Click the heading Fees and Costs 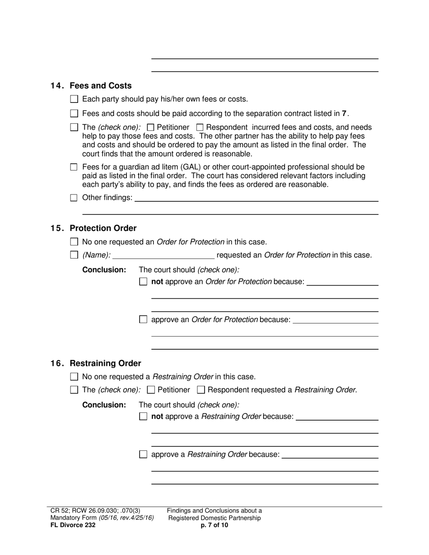[x=101, y=86]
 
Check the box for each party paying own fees [x=75, y=99]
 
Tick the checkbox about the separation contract [x=75, y=114]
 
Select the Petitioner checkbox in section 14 [x=151, y=127]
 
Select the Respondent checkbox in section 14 [x=200, y=127]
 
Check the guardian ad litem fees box [x=75, y=167]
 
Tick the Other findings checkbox [x=75, y=198]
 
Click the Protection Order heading [x=103, y=228]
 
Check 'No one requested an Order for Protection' [x=75, y=242]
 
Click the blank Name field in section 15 [x=163, y=255]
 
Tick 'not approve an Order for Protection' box [x=143, y=282]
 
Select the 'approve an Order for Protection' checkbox [x=143, y=319]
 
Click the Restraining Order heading [x=105, y=363]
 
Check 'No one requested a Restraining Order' [x=75, y=377]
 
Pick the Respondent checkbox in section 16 [x=201, y=389]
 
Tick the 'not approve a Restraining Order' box [x=143, y=416]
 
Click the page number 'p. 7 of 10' [x=214, y=525]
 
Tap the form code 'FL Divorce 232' [x=73, y=525]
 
